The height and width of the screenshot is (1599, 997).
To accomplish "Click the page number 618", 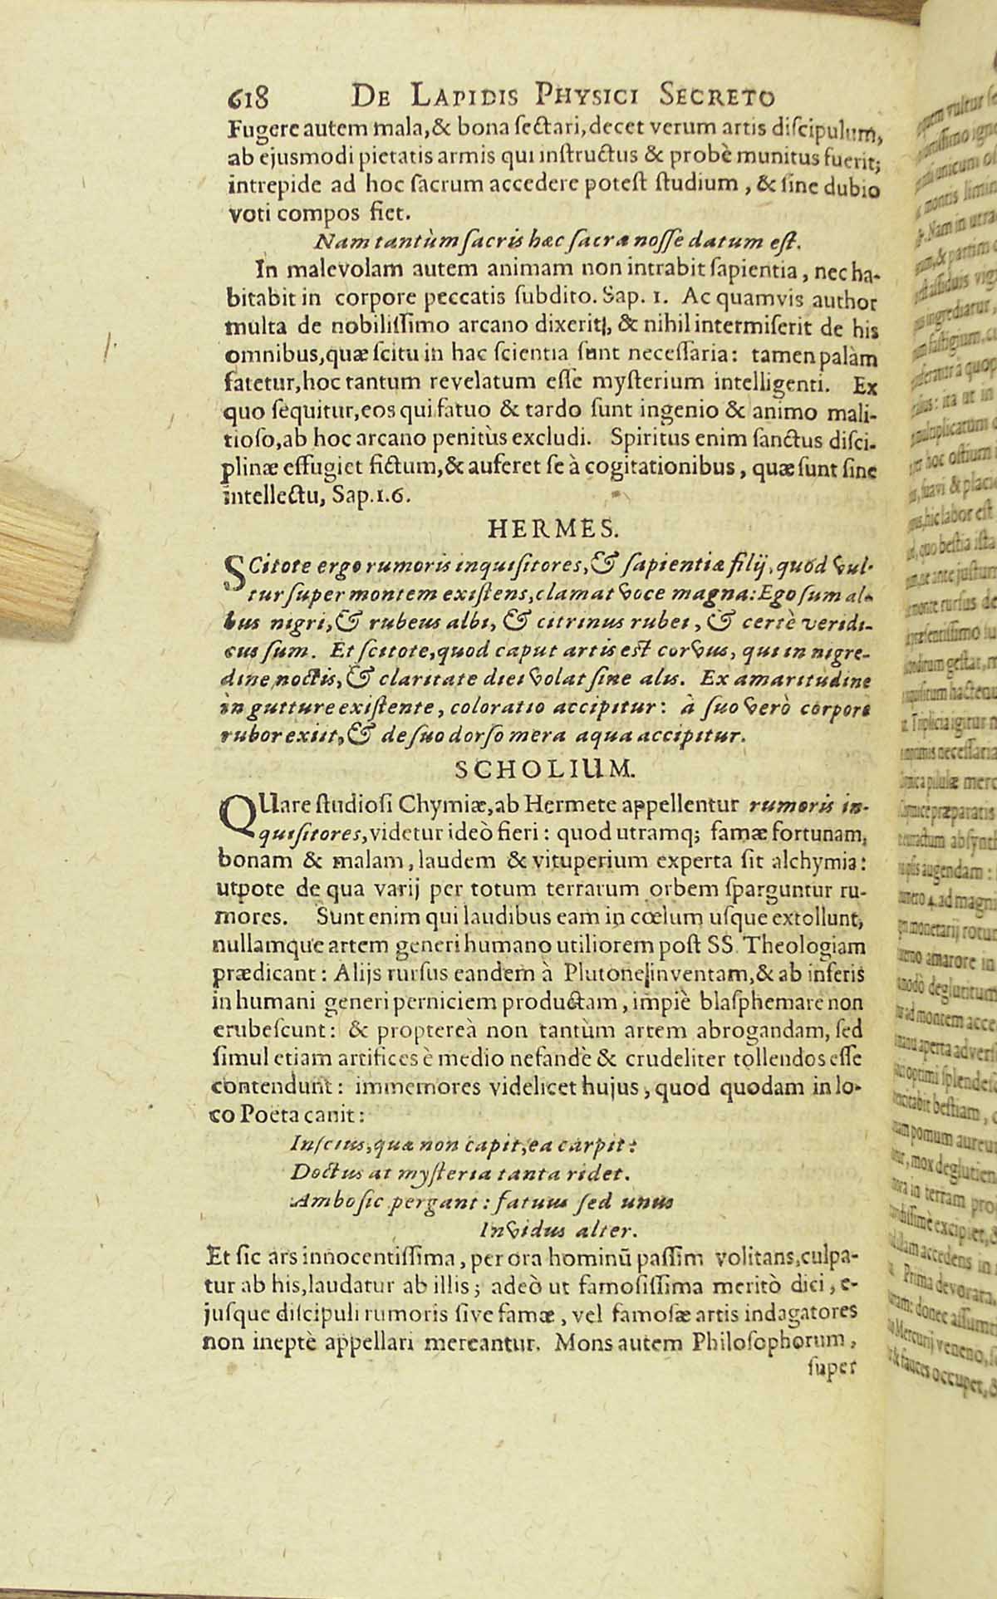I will [x=247, y=98].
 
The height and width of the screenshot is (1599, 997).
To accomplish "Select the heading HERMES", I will [x=552, y=527].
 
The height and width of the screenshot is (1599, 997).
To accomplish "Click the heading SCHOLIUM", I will [x=546, y=769].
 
